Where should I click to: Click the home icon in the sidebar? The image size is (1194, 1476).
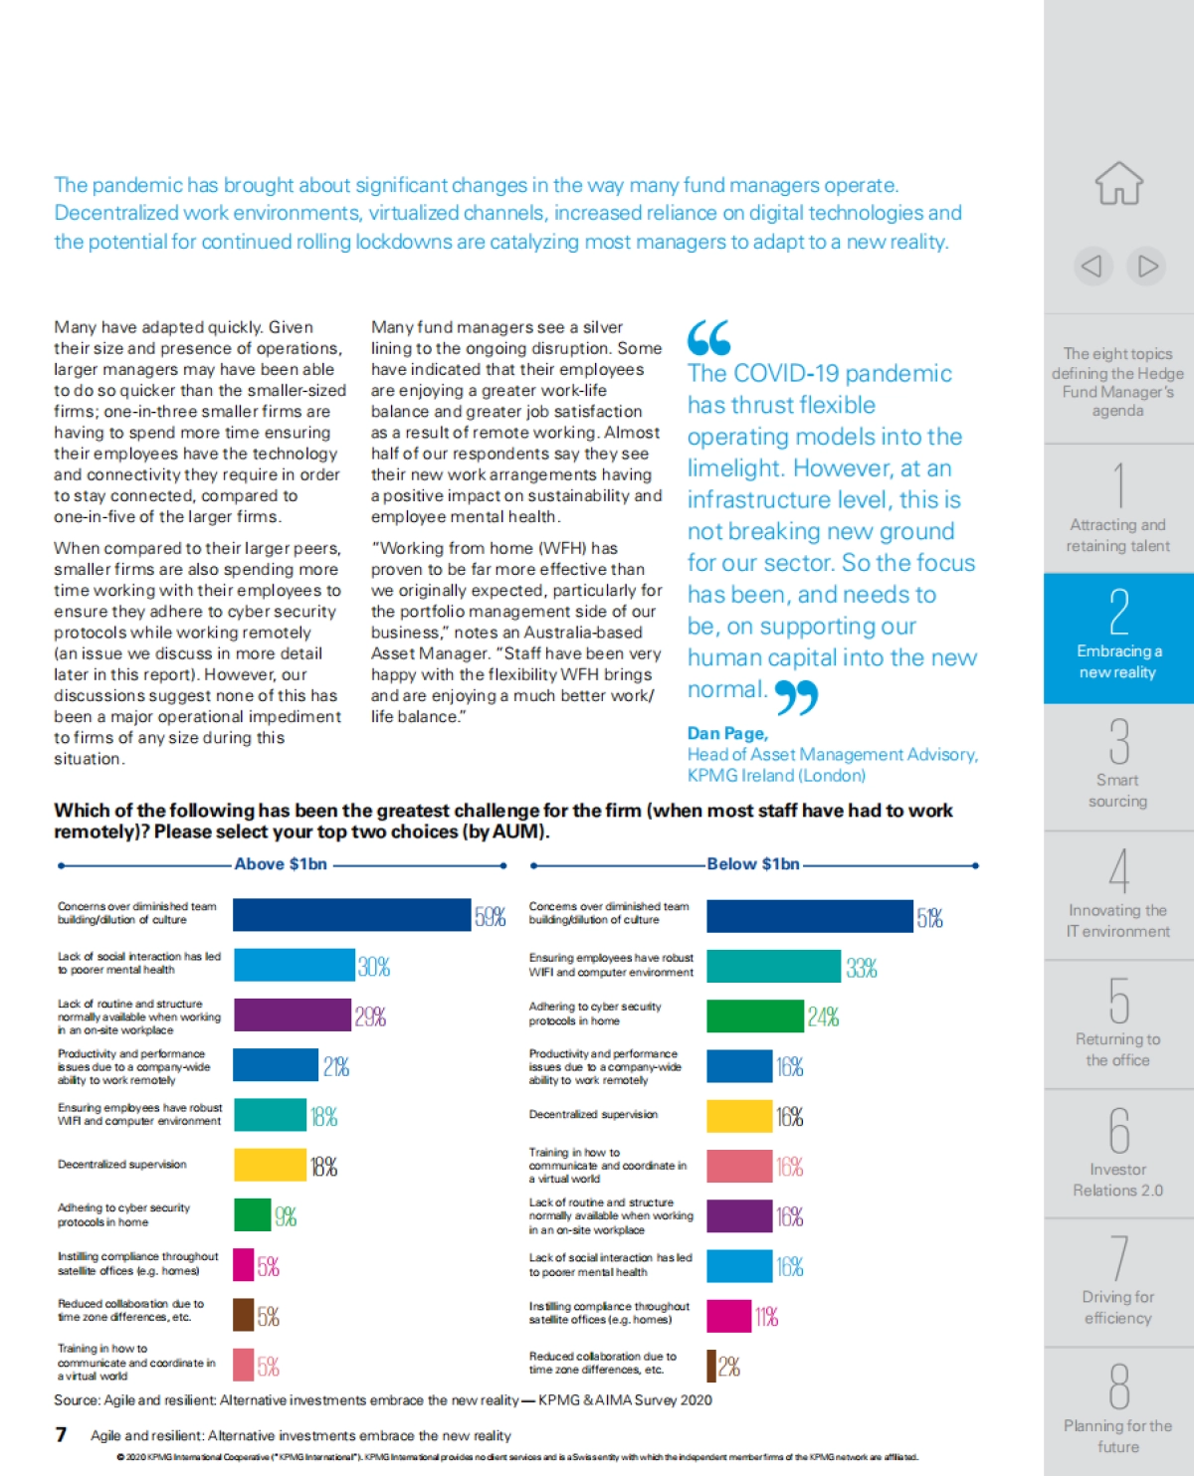point(1119,184)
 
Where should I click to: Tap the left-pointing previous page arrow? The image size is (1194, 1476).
point(1092,266)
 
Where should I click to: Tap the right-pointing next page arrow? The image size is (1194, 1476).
point(1147,266)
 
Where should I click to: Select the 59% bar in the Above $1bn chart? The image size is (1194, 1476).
point(351,915)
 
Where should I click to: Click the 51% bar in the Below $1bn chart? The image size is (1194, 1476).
point(809,916)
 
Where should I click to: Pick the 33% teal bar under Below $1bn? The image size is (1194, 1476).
point(773,966)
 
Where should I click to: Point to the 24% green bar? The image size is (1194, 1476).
point(754,1015)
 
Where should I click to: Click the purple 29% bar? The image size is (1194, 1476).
point(292,1015)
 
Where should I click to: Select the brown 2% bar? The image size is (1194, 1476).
point(711,1366)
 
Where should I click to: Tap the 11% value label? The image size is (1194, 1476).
point(766,1317)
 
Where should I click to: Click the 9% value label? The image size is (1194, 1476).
point(286,1215)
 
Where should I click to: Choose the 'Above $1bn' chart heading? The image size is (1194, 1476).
point(281,864)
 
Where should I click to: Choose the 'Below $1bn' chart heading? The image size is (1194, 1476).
point(753,864)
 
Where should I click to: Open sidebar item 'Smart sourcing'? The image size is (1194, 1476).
point(1118,767)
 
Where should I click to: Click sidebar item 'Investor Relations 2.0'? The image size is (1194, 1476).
point(1118,1154)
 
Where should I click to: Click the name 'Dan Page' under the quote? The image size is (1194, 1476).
point(726,733)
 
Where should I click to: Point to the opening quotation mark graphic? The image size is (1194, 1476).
point(708,338)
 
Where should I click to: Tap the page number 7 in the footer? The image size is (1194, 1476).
point(61,1434)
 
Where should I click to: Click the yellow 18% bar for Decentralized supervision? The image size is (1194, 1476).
point(270,1165)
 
